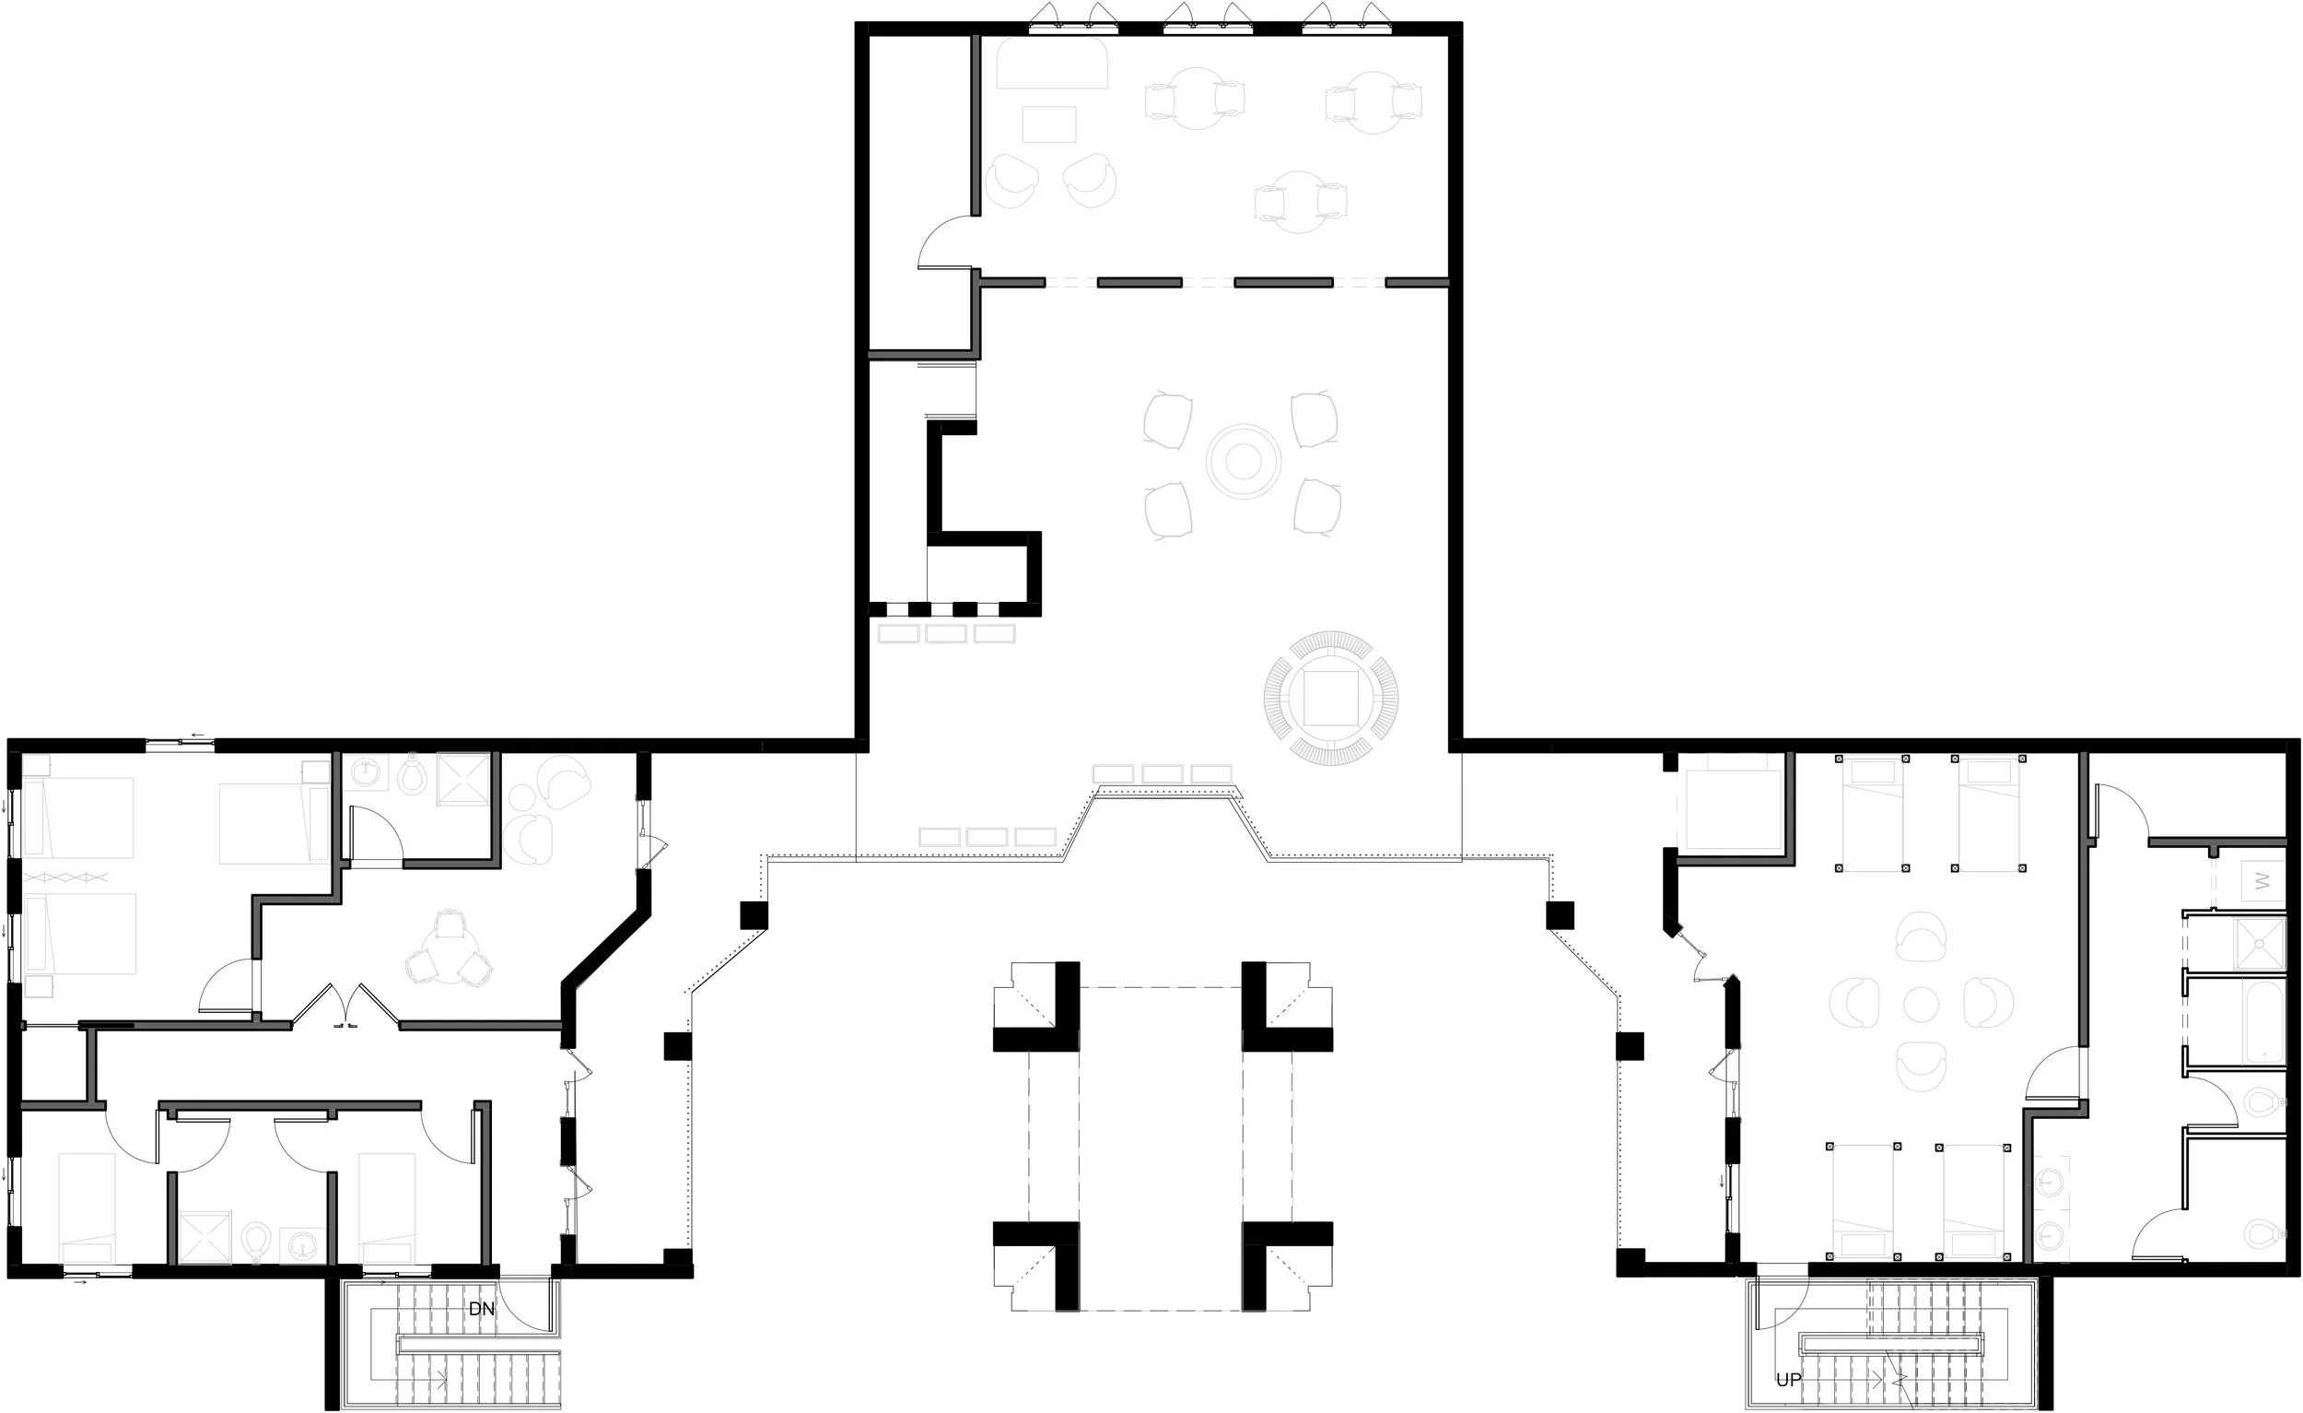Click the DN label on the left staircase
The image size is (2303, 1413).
coord(482,1309)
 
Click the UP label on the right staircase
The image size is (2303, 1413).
coord(1788,1380)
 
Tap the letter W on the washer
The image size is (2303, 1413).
coord(2262,881)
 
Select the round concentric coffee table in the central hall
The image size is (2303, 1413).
coord(1243,460)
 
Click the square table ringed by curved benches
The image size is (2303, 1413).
coord(1331,698)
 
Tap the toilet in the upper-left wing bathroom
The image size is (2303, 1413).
coord(411,775)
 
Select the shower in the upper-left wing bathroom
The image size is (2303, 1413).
coord(463,778)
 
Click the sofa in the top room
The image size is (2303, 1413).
coord(1052,65)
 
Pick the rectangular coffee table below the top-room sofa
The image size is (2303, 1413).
coord(1048,124)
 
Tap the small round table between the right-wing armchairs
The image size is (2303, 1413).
coord(1921,1005)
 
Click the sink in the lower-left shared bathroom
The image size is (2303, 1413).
coord(303,1243)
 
